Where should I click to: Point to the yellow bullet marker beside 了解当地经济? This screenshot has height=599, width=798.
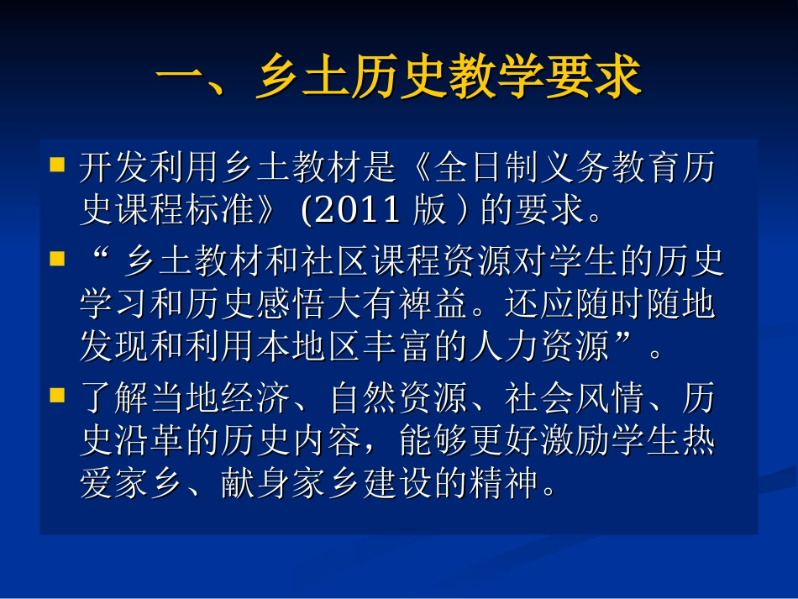(x=58, y=392)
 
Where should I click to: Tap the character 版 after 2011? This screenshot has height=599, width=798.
(x=429, y=210)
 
